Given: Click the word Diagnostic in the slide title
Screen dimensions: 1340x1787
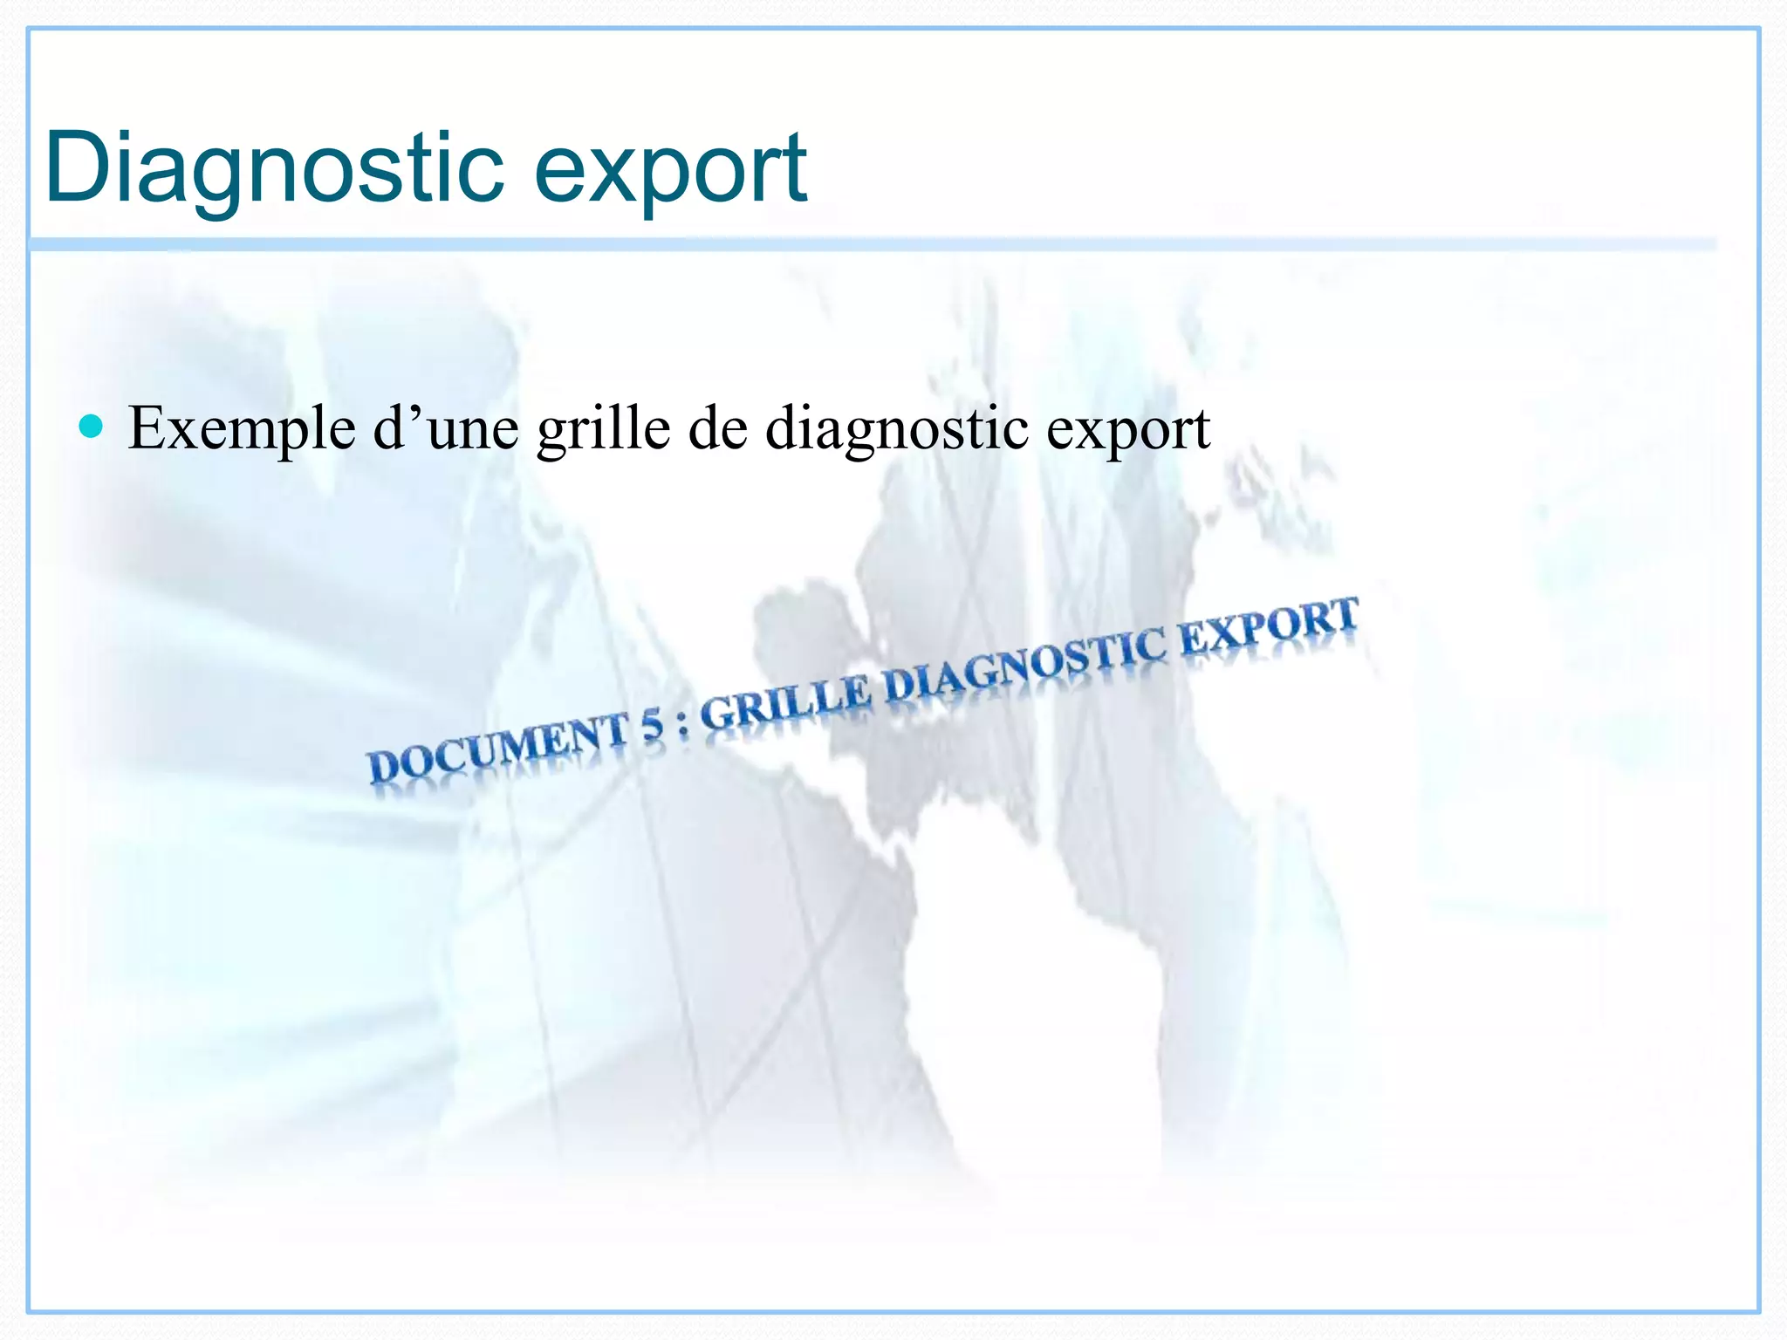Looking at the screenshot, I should coord(274,167).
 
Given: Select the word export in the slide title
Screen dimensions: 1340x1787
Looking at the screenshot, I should coord(670,170).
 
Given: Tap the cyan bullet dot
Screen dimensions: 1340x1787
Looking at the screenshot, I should coord(91,427).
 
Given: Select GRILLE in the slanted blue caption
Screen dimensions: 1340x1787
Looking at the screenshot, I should coord(785,701).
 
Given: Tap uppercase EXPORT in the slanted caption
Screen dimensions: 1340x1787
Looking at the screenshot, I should coord(1270,622).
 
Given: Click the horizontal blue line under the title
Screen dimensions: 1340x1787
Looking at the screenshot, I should coord(873,244).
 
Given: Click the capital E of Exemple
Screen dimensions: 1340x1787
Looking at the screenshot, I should coord(148,427).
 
